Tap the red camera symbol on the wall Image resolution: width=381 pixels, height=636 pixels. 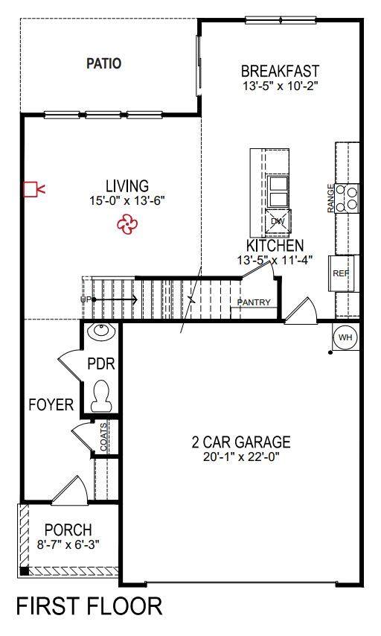(33, 189)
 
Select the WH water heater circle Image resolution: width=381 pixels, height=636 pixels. (345, 337)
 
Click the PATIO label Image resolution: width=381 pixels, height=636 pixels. (103, 64)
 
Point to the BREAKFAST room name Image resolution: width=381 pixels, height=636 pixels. (280, 71)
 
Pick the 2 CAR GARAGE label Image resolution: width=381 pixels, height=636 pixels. (241, 442)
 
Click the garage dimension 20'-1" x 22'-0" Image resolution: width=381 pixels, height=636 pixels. (242, 457)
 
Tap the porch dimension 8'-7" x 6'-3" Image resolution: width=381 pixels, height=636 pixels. (68, 544)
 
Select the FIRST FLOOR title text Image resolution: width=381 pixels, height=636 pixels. (89, 606)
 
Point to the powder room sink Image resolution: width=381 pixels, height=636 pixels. (101, 331)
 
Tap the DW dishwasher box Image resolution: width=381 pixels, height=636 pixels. (278, 221)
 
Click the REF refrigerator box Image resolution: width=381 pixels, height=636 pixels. (341, 273)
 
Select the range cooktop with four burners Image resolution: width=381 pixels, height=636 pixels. (347, 198)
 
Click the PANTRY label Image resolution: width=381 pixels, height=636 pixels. (254, 302)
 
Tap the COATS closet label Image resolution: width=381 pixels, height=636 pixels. (103, 437)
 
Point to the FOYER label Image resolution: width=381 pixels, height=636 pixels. (51, 405)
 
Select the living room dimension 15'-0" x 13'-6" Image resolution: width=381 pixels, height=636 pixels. (128, 200)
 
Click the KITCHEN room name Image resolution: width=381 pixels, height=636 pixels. (275, 246)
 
